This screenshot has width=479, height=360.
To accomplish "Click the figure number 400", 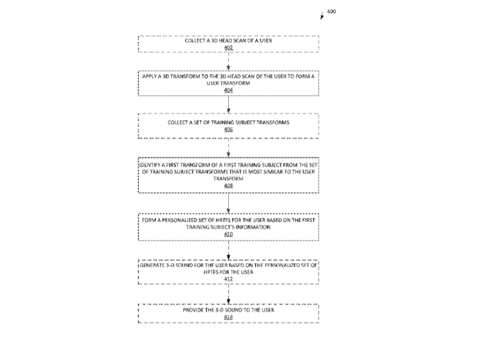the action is pos(331,12).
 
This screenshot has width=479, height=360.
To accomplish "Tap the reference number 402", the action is pos(228,48).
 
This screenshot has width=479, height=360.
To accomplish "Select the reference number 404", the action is pos(228,90).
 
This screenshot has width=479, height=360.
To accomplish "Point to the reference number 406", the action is pos(228,130).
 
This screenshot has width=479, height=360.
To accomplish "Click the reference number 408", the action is pos(228,186).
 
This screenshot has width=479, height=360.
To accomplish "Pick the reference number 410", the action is pos(228,234).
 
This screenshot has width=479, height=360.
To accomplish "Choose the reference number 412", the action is pos(228,279).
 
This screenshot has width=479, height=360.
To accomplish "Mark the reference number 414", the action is pos(228,317).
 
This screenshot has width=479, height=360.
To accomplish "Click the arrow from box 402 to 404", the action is pos(228,61).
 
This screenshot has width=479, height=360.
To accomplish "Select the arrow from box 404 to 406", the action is pos(228,105).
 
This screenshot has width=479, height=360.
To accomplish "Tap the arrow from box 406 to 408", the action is pos(228,148).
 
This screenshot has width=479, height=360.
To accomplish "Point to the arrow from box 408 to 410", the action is pos(228,203).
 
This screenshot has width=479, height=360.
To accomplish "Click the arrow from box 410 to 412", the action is pos(228,250).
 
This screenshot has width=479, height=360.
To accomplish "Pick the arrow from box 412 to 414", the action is pos(228,294).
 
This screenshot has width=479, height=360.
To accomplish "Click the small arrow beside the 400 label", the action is pos(322,16).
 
